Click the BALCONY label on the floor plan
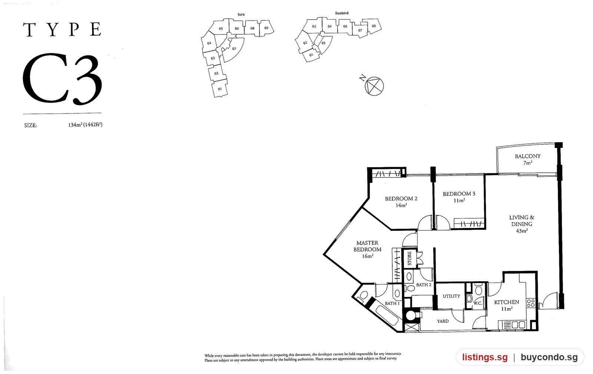528,156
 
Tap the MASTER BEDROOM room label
367,246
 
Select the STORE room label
410,258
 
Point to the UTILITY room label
451,296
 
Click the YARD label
443,321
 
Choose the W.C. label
478,303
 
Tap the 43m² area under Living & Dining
522,231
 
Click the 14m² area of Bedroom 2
401,205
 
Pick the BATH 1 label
392,303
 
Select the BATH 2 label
424,285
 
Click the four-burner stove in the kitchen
531,303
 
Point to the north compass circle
374,86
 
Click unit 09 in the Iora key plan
266,28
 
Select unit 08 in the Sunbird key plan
374,26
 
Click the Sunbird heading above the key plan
341,13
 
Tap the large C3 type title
63,79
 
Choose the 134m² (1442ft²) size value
85,125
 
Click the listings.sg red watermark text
485,357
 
